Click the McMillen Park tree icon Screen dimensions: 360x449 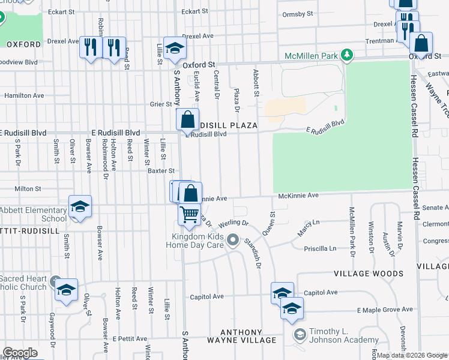(x=346, y=56)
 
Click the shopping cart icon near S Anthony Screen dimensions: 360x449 (x=190, y=214)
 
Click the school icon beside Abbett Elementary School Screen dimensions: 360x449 (x=80, y=206)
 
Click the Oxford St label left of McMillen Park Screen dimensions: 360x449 (x=199, y=65)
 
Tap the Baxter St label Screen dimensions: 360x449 (x=160, y=170)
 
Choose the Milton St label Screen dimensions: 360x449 (x=28, y=188)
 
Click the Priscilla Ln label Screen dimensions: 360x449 (x=321, y=248)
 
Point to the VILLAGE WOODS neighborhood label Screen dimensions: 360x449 (x=369, y=274)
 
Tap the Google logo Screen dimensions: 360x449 (x=20, y=353)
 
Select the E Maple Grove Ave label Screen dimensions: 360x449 (x=385, y=310)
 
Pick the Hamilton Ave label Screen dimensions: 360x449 (x=24, y=95)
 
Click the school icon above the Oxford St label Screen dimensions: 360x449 (x=174, y=47)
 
